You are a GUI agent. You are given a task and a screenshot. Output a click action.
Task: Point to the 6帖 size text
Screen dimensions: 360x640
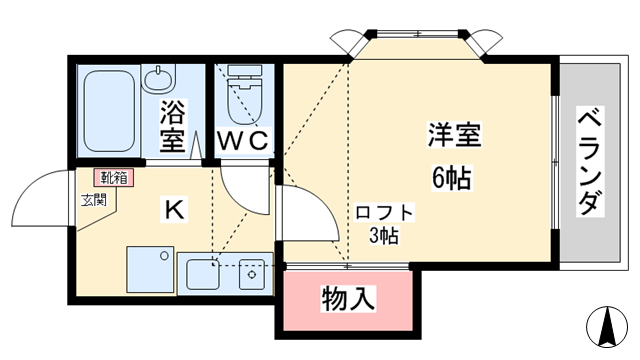[x=452, y=177]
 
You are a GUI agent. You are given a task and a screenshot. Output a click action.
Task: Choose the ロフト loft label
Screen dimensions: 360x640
[x=384, y=213]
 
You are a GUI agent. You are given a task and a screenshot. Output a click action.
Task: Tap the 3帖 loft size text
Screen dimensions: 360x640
[x=385, y=237]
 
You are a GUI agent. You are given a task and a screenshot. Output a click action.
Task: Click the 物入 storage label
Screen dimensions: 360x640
[x=347, y=297]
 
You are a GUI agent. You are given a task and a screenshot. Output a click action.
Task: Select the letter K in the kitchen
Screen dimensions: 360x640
[x=174, y=210]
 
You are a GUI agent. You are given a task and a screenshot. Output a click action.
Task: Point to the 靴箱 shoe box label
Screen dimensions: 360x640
[x=113, y=178]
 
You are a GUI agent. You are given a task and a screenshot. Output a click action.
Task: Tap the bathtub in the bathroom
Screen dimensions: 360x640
[x=107, y=110]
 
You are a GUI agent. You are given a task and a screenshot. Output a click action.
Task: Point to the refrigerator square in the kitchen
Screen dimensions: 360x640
[x=150, y=268]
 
